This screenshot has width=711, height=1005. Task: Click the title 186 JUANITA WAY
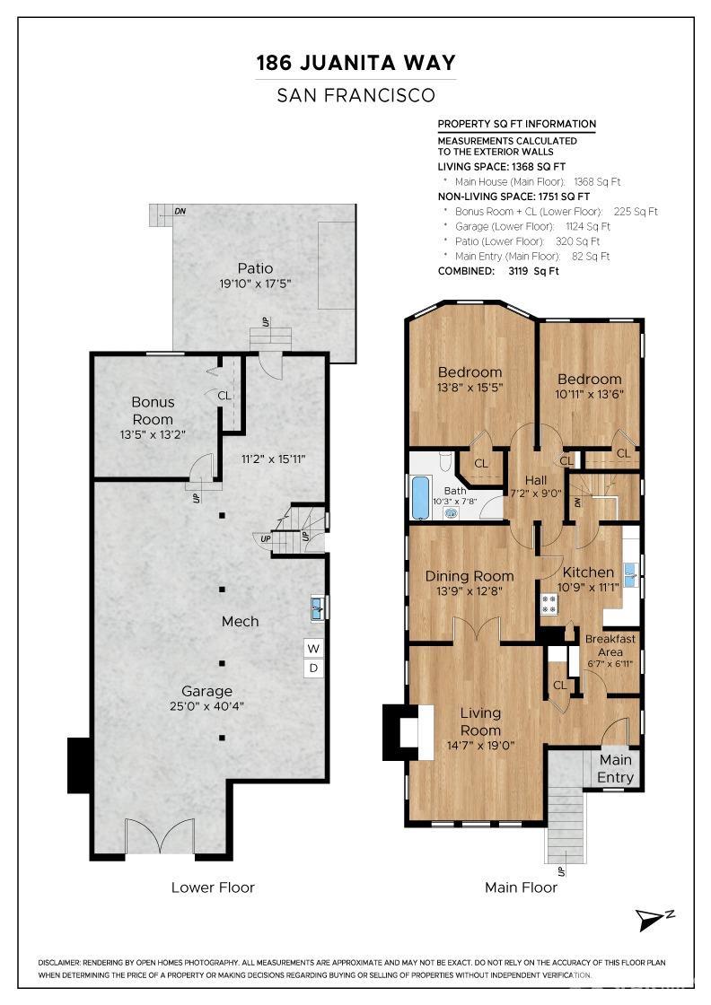tap(355, 63)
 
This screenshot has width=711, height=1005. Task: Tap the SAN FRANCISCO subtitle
tap(355, 95)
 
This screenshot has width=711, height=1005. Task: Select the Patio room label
tap(255, 268)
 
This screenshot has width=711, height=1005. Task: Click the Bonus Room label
tap(153, 411)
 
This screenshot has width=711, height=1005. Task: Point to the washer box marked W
tap(313, 649)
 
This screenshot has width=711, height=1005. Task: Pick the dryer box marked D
tap(313, 668)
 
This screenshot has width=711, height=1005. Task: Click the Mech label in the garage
tap(241, 621)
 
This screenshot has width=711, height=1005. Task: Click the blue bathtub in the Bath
tap(420, 497)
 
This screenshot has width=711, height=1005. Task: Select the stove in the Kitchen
tap(549, 604)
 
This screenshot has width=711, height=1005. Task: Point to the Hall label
tap(536, 480)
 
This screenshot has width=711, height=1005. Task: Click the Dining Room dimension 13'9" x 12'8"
tap(470, 591)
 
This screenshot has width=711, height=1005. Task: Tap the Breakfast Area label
tap(610, 645)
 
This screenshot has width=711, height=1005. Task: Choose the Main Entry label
tap(616, 768)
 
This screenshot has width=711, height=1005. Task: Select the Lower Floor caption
tap(213, 887)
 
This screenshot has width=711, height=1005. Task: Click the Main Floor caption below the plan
tap(522, 887)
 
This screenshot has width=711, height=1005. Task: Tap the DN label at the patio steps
tap(180, 211)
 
